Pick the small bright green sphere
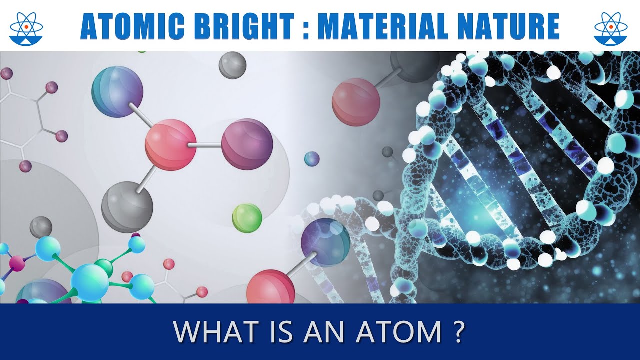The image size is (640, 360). pyautogui.click(x=247, y=218)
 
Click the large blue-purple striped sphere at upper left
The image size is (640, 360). pyautogui.click(x=117, y=91)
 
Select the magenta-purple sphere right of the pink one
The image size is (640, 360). pyautogui.click(x=247, y=144)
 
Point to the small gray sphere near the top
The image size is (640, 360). pyautogui.click(x=232, y=65)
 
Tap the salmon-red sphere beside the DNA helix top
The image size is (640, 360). pyautogui.click(x=356, y=102)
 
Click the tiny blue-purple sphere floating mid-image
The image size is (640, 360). pyautogui.click(x=312, y=159)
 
